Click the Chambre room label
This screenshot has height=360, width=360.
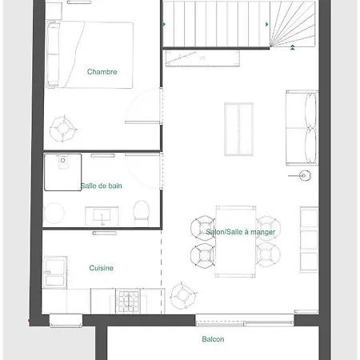(102, 72)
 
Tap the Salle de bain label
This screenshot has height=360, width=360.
(102, 186)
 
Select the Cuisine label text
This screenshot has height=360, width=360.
(102, 268)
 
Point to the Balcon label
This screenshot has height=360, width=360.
(213, 339)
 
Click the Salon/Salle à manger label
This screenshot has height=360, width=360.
(238, 232)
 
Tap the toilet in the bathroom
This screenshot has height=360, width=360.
(141, 211)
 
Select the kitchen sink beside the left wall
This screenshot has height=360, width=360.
(57, 273)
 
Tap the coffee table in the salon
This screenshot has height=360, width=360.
(238, 128)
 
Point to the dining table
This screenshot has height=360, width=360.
(236, 240)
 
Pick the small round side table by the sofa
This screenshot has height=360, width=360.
(304, 175)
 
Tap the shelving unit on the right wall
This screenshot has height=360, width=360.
(309, 238)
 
